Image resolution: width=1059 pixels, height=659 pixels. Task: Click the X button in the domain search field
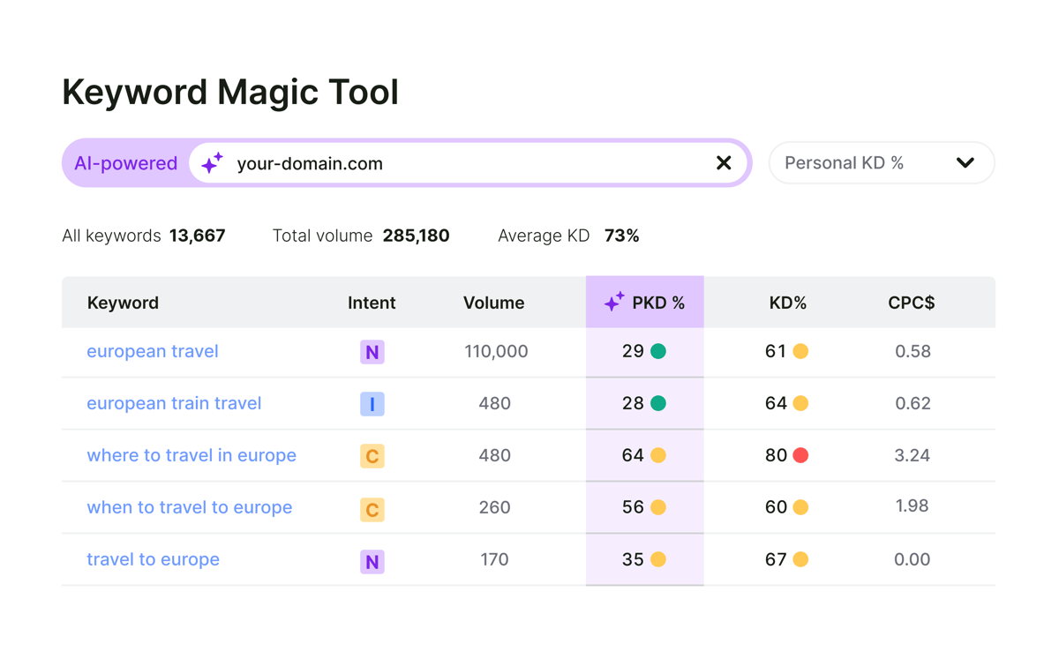tap(724, 163)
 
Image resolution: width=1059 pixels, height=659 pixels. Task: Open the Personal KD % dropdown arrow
tap(965, 163)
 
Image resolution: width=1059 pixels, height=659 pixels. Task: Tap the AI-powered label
tap(126, 163)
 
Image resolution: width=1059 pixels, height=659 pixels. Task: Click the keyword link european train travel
tap(174, 403)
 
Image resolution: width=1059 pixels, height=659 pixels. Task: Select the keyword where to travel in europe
tap(192, 455)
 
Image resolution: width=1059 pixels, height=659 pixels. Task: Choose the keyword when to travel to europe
tap(189, 507)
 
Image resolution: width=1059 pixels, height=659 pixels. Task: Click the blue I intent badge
tap(372, 404)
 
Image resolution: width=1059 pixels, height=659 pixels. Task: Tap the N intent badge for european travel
tap(372, 352)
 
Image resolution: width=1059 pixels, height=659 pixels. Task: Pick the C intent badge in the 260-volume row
tap(372, 509)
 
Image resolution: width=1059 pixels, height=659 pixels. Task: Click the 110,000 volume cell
tap(496, 351)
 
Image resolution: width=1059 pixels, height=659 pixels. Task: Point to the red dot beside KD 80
tap(800, 455)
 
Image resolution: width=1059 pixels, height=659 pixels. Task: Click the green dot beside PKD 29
tap(658, 351)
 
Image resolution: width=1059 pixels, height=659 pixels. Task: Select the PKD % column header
tap(645, 303)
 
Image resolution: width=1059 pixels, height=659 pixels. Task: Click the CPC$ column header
tap(911, 303)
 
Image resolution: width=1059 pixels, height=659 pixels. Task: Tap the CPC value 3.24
tap(912, 455)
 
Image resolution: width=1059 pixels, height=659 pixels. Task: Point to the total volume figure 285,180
tap(416, 236)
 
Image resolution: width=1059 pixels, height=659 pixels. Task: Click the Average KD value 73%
tap(621, 236)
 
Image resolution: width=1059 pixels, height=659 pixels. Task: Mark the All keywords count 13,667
tap(197, 236)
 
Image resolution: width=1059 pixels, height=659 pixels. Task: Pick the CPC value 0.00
tap(912, 559)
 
